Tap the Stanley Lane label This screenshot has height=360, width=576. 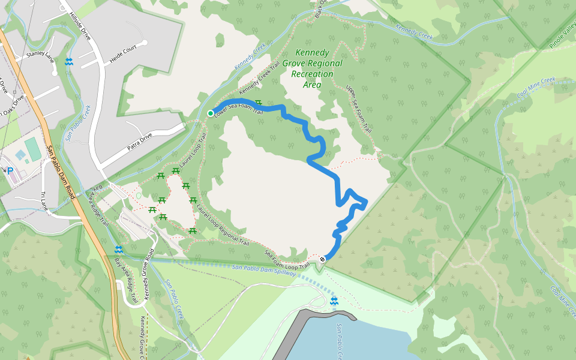[40, 56]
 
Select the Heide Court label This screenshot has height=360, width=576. [128, 53]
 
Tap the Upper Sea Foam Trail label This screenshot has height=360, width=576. [359, 108]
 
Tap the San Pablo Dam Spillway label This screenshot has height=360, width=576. [263, 269]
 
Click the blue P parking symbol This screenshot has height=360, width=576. [10, 171]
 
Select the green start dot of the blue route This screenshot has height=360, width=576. [211, 113]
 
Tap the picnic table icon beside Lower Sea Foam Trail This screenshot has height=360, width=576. [259, 103]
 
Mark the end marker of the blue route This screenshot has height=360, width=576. [323, 259]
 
